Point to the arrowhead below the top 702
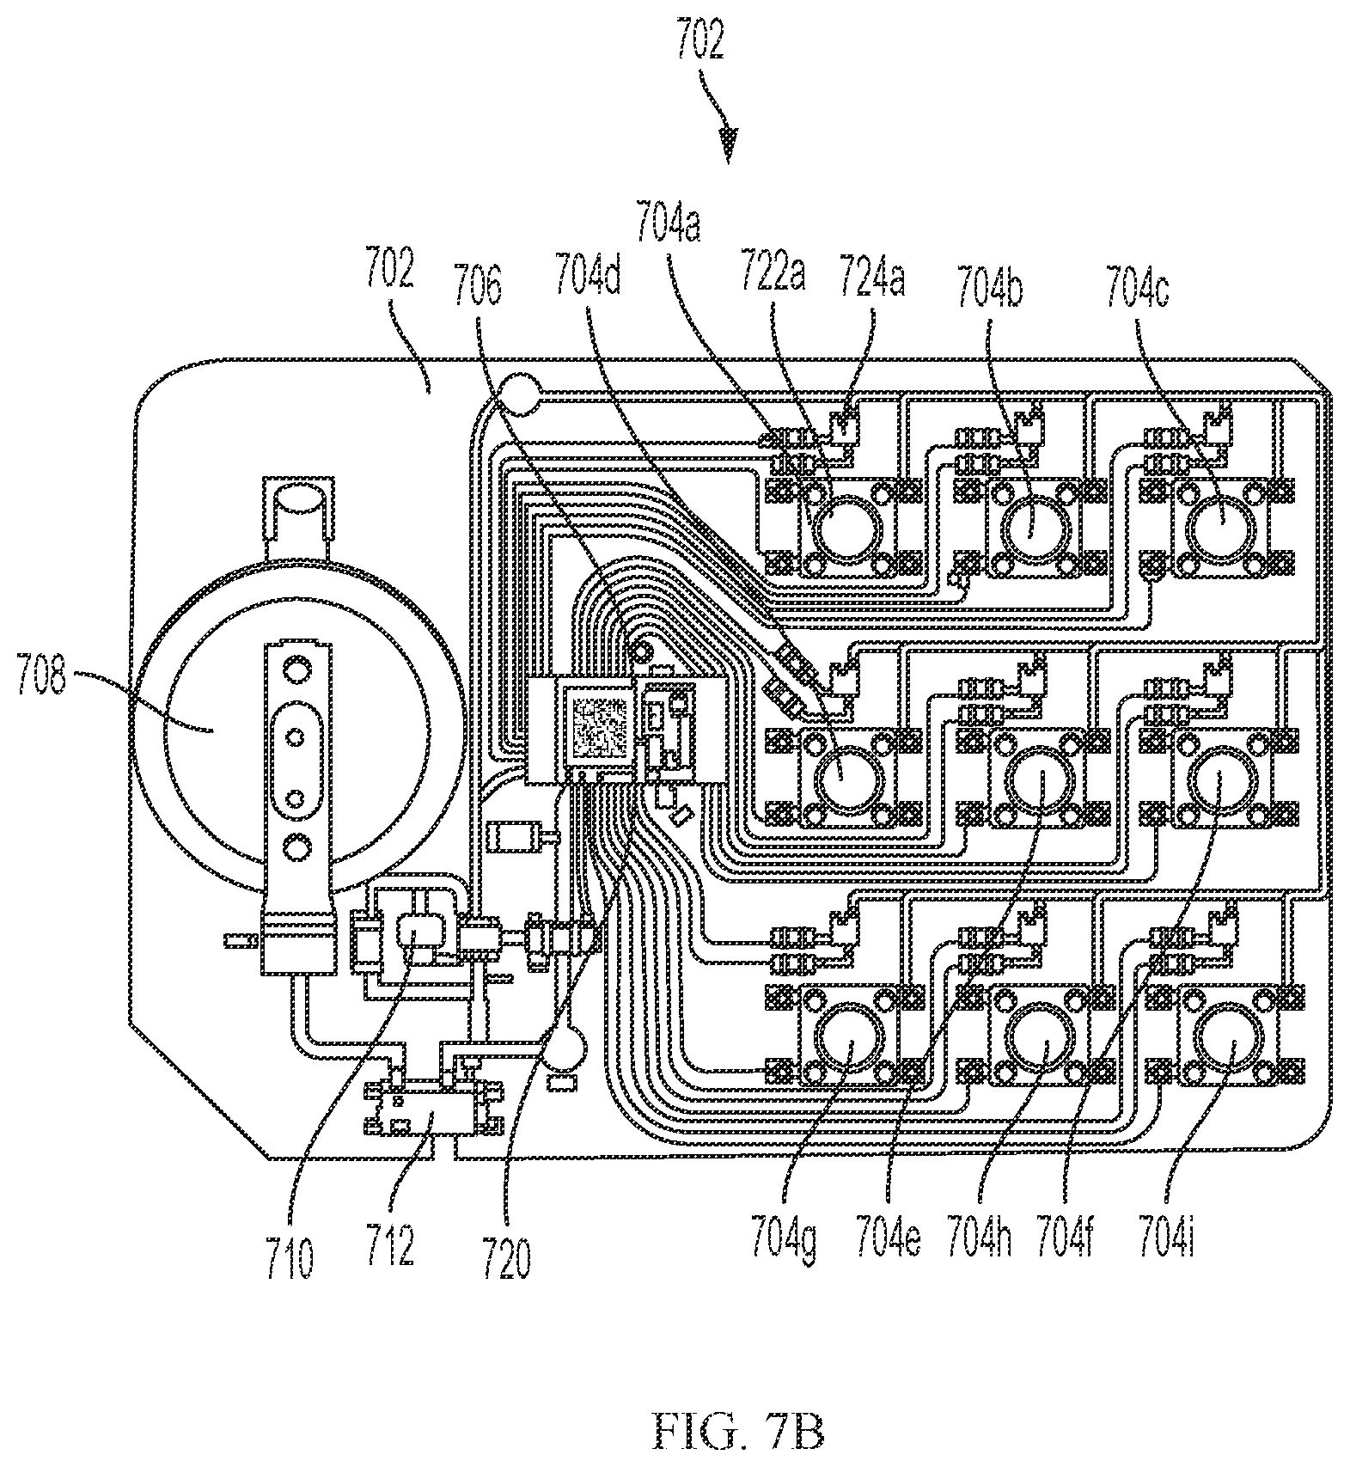tap(730, 144)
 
